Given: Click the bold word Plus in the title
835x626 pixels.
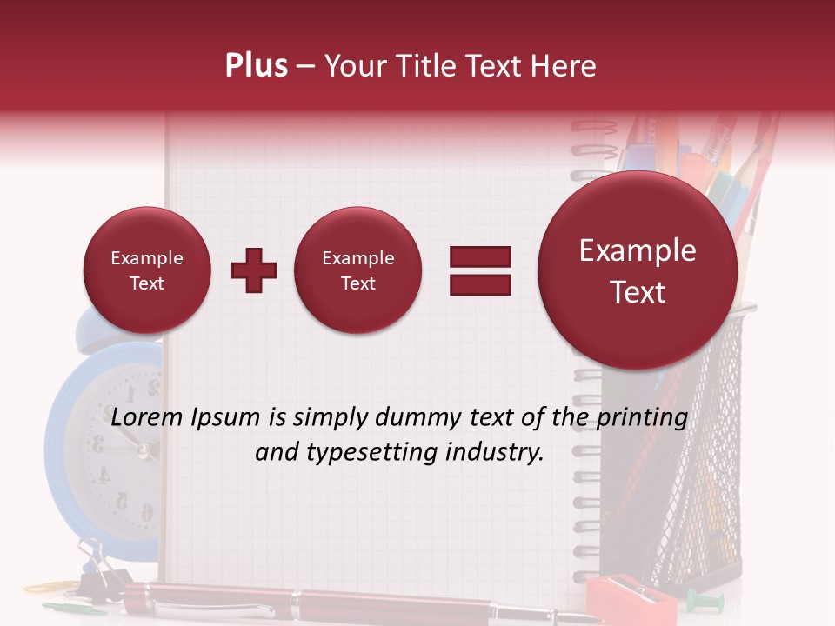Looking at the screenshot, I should [256, 66].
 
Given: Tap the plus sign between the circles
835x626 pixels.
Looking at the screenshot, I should [254, 270].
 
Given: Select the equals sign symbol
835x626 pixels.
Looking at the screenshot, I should [480, 270].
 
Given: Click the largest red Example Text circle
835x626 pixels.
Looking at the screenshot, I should [638, 270].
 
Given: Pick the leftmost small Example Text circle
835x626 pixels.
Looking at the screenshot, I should [147, 270].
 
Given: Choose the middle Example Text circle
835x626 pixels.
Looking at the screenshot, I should [358, 270].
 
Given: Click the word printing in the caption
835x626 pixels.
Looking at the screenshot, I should [641, 418].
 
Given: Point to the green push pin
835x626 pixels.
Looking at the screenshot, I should [701, 600].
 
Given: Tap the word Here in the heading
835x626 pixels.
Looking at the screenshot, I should [565, 66].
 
